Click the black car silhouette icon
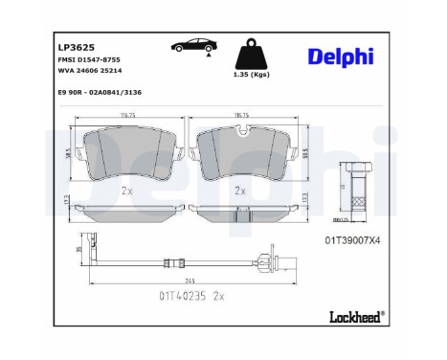click(x=190, y=47)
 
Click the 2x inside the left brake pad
click(x=127, y=191)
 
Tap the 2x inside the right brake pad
click(x=243, y=191)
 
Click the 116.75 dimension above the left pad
click(x=128, y=114)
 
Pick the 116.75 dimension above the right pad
click(x=242, y=114)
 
